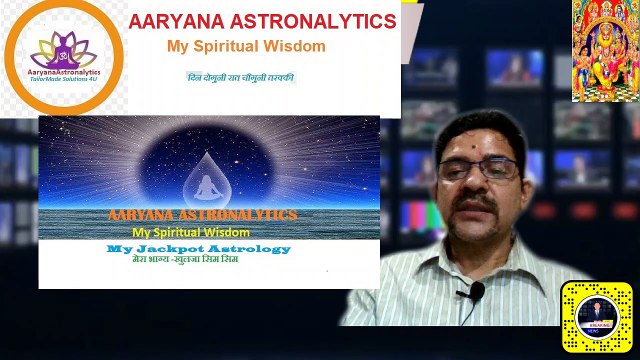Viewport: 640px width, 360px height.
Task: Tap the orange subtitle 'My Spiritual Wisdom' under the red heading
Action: click(x=246, y=46)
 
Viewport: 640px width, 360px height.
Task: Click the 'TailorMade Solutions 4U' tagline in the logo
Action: click(x=63, y=87)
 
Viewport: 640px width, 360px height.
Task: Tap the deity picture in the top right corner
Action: click(x=606, y=50)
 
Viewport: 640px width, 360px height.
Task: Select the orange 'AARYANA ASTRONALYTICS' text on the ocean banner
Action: click(x=202, y=215)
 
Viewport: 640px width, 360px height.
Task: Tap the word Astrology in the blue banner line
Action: click(x=252, y=248)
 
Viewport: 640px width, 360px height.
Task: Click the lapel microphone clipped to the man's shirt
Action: click(x=477, y=291)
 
